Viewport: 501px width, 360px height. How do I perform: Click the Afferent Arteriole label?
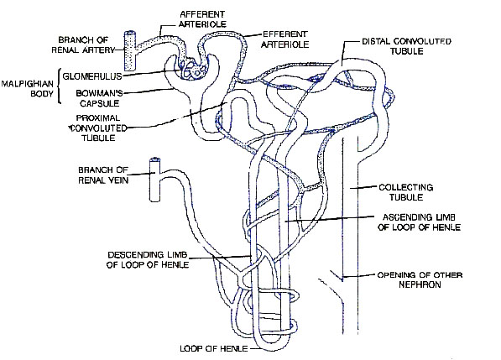(x=202, y=19)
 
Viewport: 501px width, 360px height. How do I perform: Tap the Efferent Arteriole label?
(x=285, y=39)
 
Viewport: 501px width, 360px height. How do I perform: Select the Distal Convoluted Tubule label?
(x=406, y=46)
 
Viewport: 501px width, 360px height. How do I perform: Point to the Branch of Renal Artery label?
(x=83, y=44)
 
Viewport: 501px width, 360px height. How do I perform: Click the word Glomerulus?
(x=92, y=76)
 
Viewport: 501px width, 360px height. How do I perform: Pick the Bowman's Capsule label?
(x=99, y=98)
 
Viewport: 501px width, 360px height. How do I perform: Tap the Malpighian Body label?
(x=28, y=89)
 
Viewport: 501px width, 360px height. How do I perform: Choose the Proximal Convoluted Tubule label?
(x=98, y=128)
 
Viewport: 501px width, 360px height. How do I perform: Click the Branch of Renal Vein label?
(x=103, y=175)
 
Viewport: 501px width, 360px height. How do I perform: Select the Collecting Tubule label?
(x=406, y=192)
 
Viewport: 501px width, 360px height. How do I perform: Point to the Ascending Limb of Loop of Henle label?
(x=419, y=222)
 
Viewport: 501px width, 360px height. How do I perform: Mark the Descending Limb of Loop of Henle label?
(x=148, y=259)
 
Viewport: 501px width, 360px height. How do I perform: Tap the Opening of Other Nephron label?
(x=420, y=279)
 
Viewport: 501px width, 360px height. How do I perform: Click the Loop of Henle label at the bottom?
(x=213, y=348)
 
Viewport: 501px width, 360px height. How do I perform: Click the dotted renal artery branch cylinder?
(x=130, y=50)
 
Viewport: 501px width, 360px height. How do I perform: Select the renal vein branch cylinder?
(x=155, y=180)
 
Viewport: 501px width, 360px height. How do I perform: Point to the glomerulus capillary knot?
(x=192, y=70)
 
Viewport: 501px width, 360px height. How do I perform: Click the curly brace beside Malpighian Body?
(x=59, y=86)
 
